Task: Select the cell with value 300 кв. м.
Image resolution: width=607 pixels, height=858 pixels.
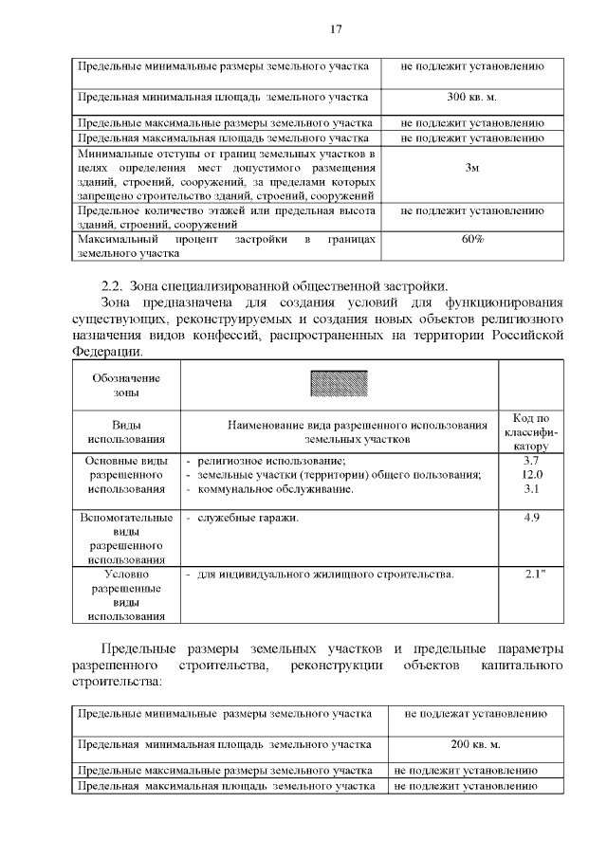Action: pos(471,98)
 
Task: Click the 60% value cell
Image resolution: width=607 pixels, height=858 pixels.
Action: pos(472,240)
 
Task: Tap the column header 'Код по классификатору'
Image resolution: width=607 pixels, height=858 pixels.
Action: pos(531,431)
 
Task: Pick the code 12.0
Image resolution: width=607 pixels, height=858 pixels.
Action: pos(531,475)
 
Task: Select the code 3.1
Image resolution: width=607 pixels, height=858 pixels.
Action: pos(531,489)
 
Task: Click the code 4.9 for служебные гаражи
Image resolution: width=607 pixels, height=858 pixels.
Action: pos(531,519)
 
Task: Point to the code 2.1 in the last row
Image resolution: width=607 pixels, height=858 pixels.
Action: pos(531,575)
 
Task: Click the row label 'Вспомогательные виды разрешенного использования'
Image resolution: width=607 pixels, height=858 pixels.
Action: pos(126,539)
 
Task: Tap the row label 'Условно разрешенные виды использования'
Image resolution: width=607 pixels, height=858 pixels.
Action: pos(126,595)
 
